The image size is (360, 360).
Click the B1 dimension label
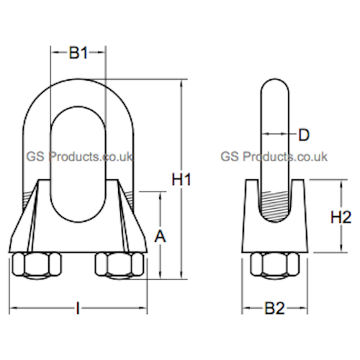point(78,53)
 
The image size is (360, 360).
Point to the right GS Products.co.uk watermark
point(274,156)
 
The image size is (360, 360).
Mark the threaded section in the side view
point(275,202)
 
